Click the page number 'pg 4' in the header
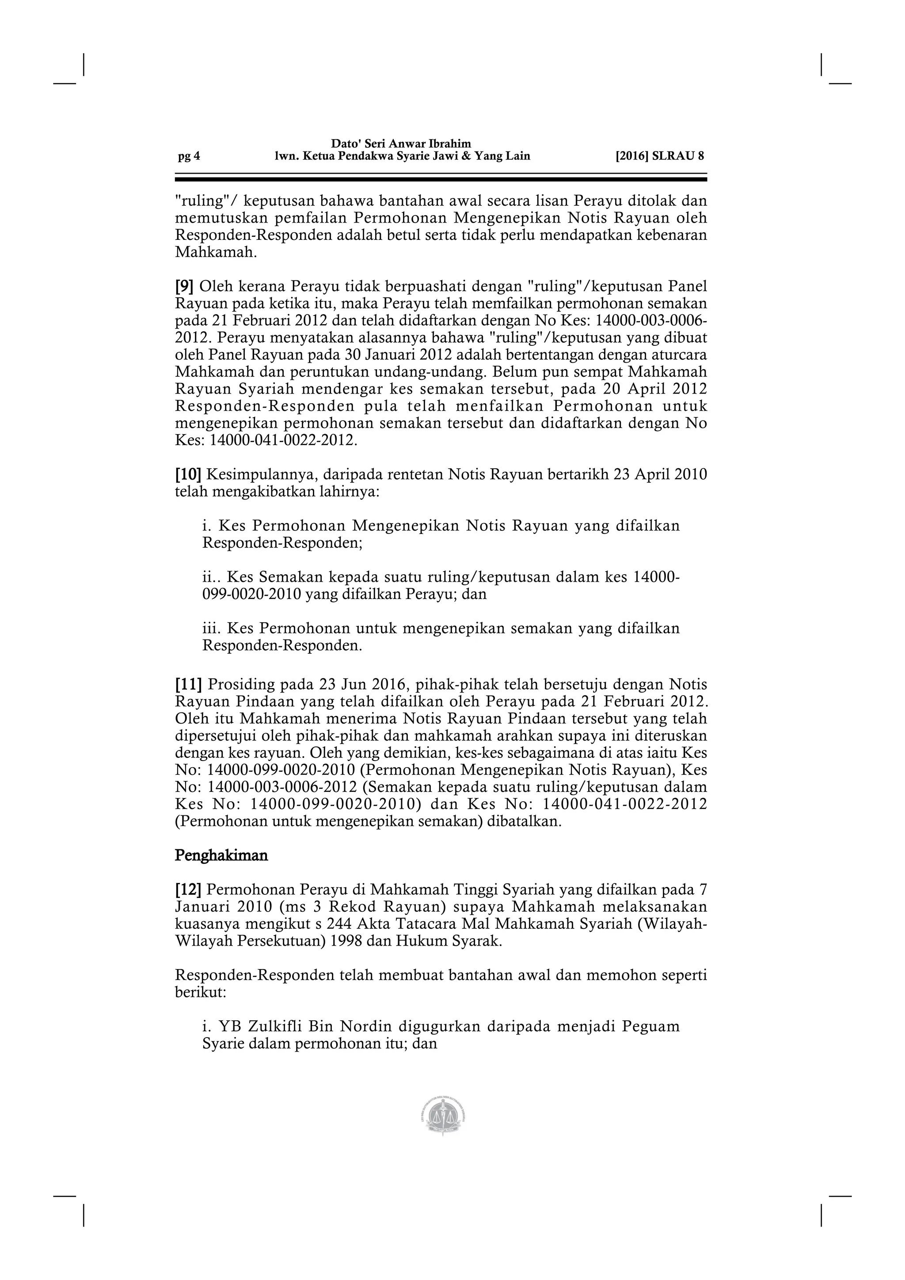pyautogui.click(x=189, y=157)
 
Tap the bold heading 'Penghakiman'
pyautogui.click(x=221, y=855)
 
